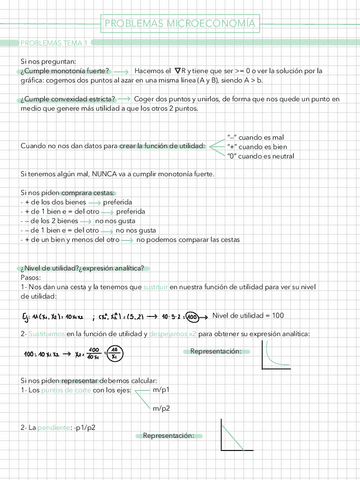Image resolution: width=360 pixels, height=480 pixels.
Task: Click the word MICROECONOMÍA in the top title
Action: point(215,23)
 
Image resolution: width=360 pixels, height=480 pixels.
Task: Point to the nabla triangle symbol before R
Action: point(177,71)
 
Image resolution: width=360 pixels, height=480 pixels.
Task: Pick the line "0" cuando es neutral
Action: point(261,156)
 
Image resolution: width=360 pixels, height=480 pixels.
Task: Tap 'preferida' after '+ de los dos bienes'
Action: point(127,202)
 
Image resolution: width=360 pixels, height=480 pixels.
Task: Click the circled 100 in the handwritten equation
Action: point(190,316)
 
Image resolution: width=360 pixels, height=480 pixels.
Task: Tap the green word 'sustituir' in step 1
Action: point(147,287)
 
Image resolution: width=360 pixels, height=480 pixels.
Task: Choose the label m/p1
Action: point(165,390)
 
